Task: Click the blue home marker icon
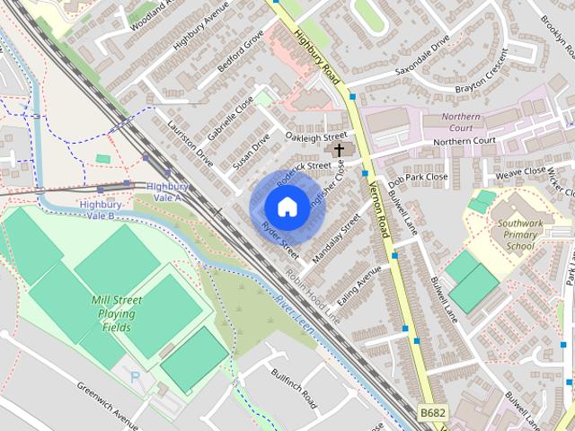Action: (x=287, y=207)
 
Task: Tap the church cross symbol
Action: (x=339, y=150)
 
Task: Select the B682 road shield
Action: (x=433, y=412)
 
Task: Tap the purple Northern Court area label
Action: (x=462, y=122)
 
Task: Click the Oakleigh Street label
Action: (x=315, y=136)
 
